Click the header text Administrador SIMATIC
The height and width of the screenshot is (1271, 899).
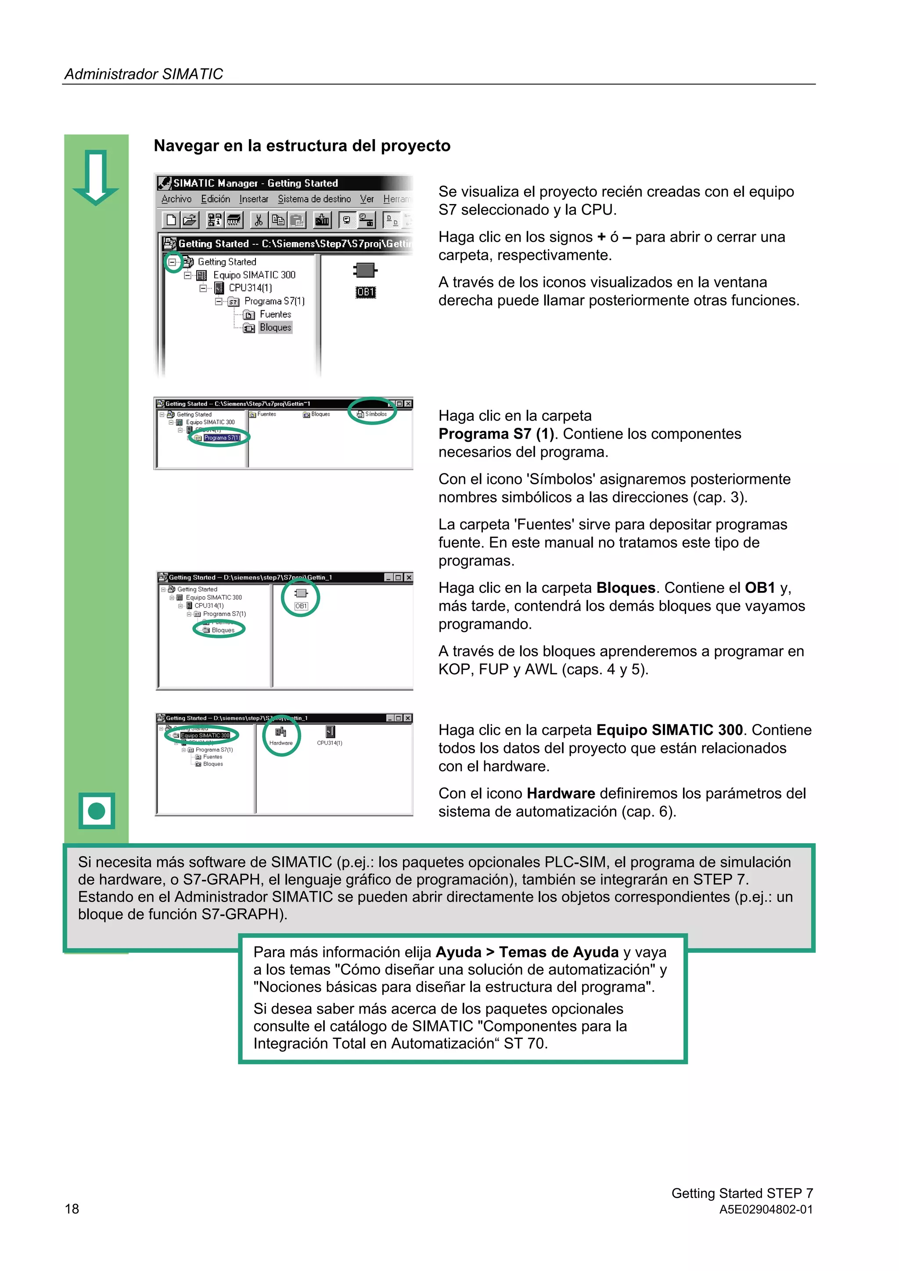coord(144,74)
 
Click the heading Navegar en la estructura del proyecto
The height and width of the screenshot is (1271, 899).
coord(302,146)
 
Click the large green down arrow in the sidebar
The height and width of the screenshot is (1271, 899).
coord(96,177)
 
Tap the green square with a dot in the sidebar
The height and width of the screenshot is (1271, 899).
coord(97,810)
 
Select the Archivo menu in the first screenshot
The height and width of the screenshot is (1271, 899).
coord(176,199)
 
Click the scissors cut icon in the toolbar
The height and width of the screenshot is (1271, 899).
coord(258,220)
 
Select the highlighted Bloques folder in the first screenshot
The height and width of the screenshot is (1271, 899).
coord(275,328)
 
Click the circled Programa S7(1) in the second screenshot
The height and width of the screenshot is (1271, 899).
coord(221,437)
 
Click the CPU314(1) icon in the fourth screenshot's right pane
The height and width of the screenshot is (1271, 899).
coord(330,735)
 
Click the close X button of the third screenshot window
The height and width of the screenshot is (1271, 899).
coord(409,577)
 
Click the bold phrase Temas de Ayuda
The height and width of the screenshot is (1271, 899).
coord(558,952)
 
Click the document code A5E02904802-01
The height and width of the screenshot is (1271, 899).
coord(766,1209)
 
